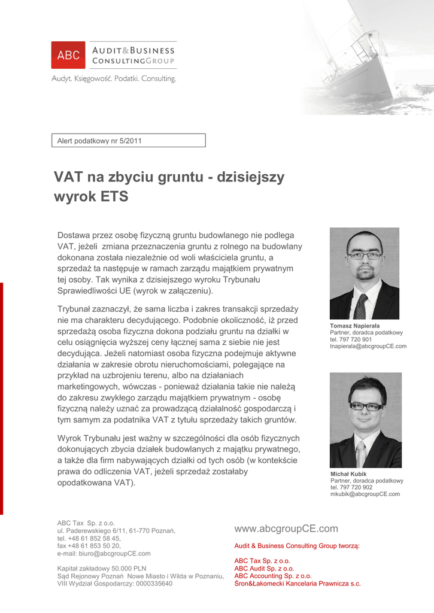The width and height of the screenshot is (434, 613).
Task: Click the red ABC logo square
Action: click(68, 55)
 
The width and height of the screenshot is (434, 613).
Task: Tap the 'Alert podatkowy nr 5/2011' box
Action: click(130, 141)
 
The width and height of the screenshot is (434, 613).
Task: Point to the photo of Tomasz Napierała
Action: click(364, 273)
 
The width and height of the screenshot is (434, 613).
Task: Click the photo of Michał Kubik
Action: click(365, 420)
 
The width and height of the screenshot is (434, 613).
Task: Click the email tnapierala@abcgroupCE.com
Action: click(368, 346)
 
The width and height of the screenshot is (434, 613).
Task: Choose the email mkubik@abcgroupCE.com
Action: click(365, 494)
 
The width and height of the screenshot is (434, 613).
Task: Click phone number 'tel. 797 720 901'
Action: click(351, 339)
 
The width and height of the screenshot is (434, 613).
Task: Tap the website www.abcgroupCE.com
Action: click(286, 529)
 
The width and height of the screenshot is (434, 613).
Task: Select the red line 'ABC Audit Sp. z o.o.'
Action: click(264, 568)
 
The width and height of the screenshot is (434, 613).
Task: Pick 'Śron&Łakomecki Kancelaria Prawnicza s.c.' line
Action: click(298, 583)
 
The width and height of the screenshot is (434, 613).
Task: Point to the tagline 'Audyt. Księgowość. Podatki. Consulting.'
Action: click(114, 78)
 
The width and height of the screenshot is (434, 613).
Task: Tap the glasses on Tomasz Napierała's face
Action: click(365, 255)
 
